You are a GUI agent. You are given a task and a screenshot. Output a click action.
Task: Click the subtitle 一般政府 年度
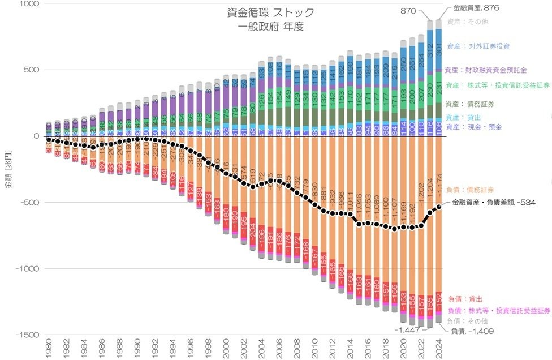(x=271, y=27)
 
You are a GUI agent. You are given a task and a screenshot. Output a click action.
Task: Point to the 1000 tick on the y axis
(x=26, y=4)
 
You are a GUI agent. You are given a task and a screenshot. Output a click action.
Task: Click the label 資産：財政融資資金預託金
(x=486, y=71)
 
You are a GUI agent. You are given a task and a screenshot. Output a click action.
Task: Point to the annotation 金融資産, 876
(x=476, y=8)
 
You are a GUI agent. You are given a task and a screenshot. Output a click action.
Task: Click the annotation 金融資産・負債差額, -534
(x=493, y=202)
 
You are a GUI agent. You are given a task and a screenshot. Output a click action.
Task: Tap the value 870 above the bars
(x=408, y=11)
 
